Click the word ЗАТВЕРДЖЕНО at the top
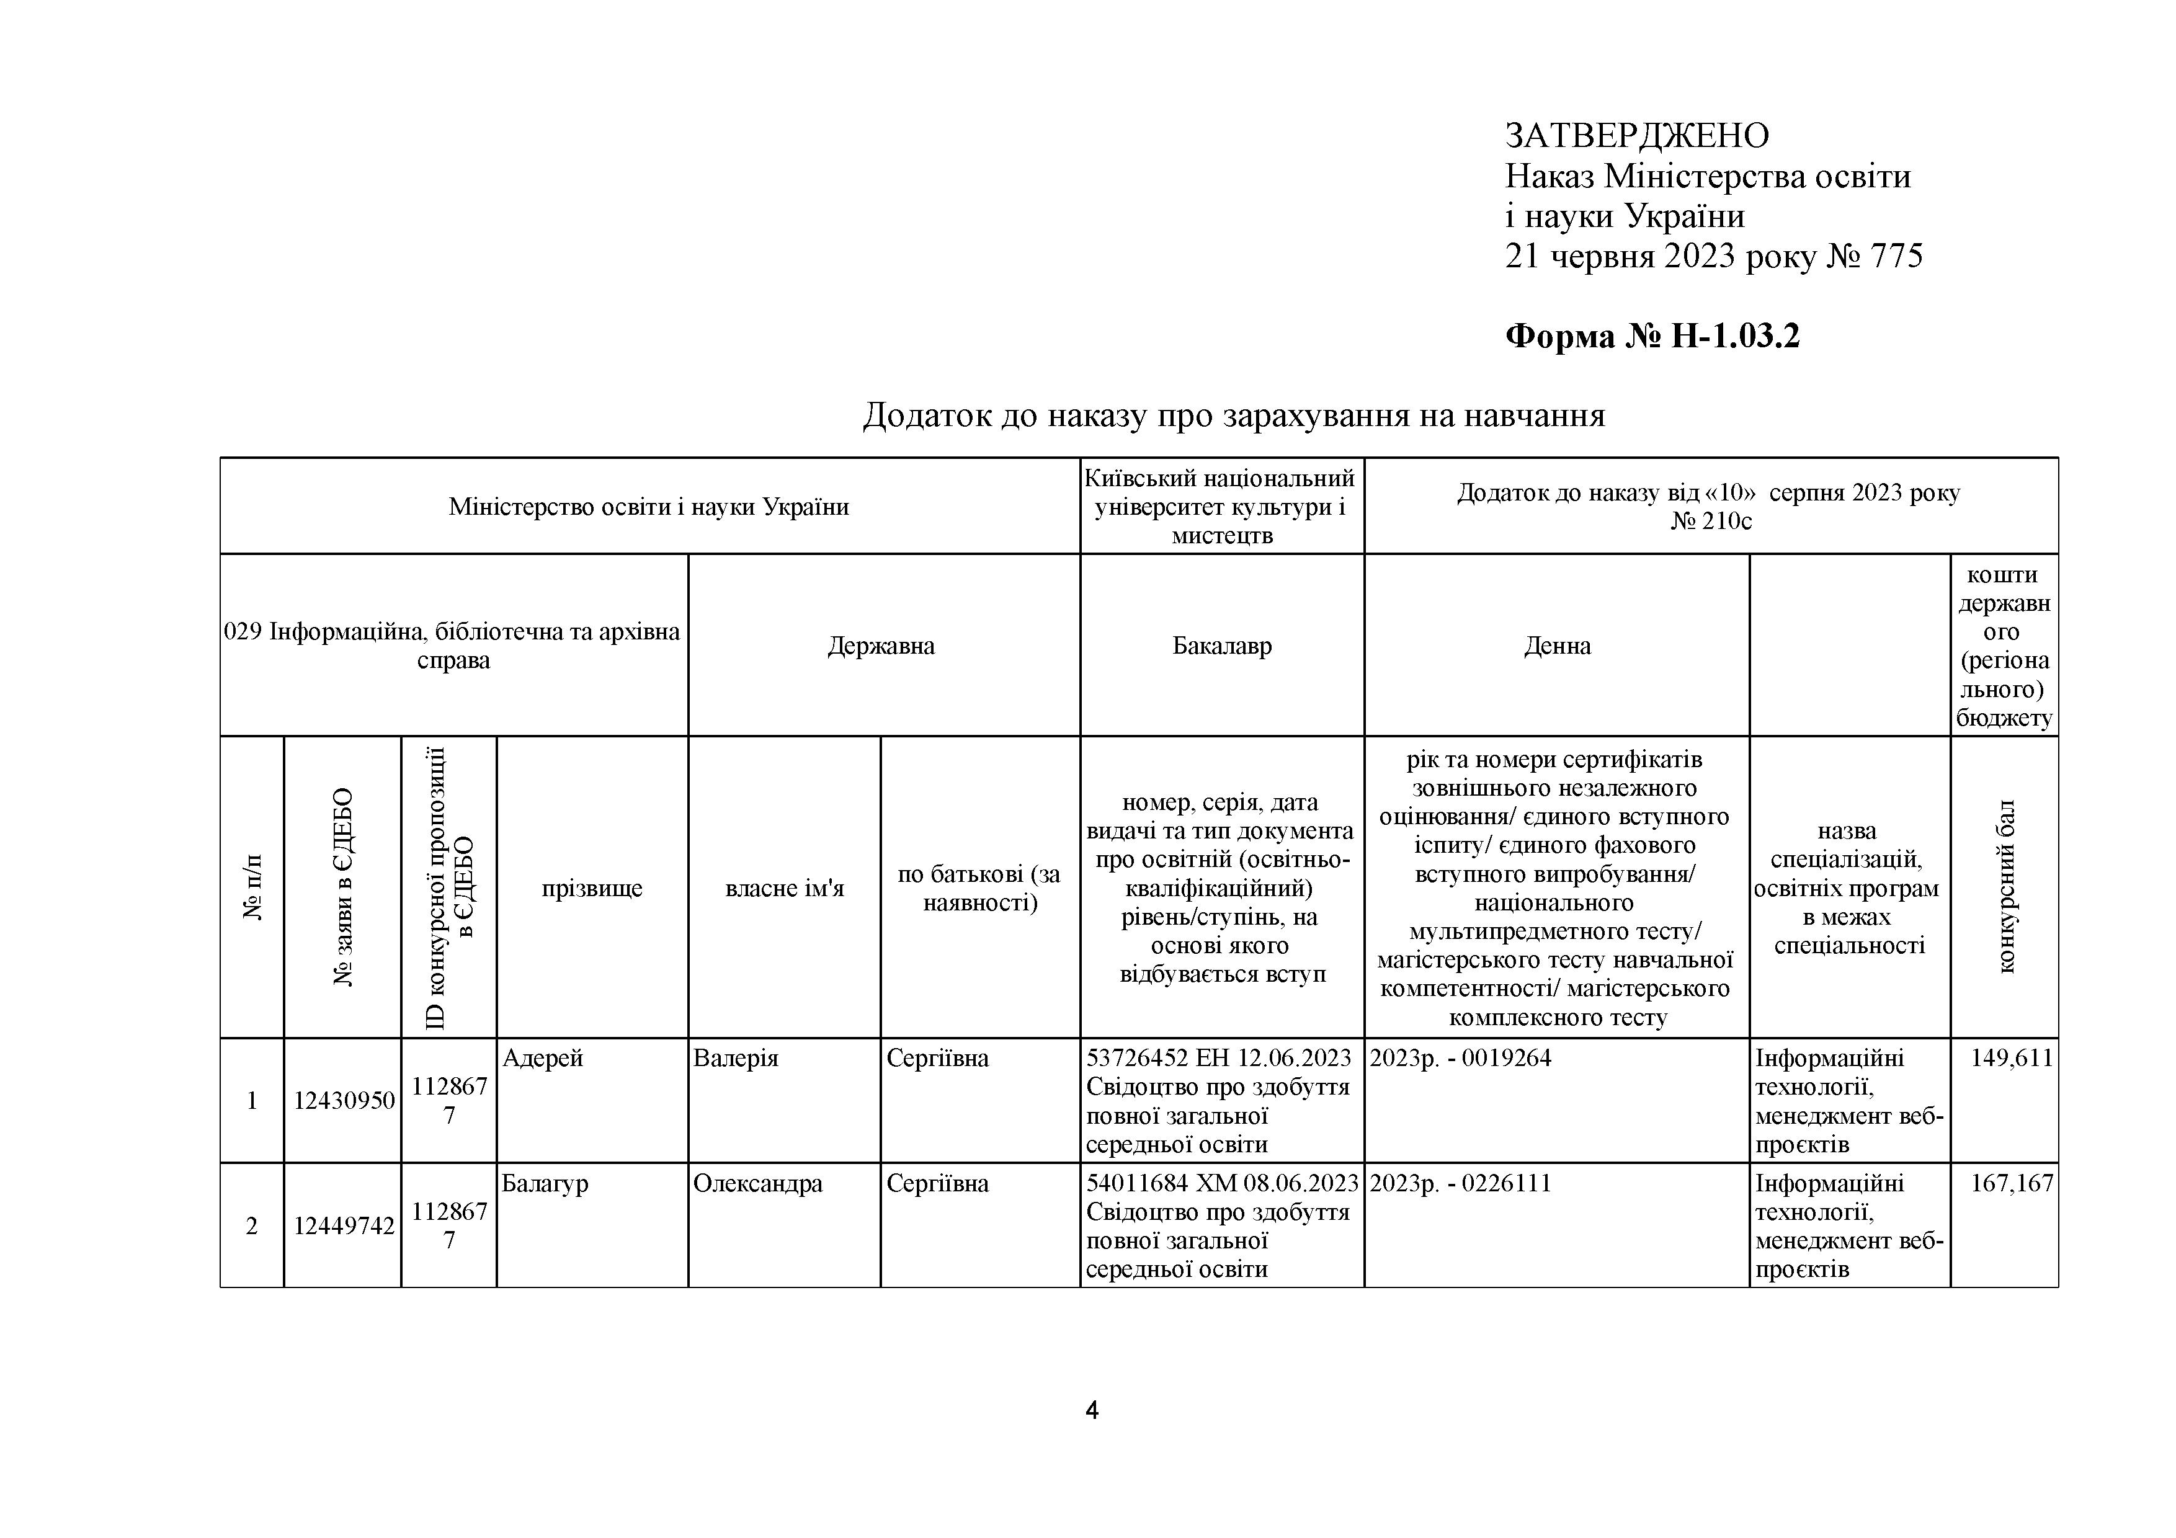tap(1637, 136)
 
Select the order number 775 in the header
tap(1896, 256)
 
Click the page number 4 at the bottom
tap(1092, 1411)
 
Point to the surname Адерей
tap(542, 1057)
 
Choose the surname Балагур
tap(545, 1184)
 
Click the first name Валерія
tap(736, 1057)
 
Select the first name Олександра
tap(758, 1184)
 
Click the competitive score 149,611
tap(2011, 1057)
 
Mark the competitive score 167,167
tap(2011, 1184)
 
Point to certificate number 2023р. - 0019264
tap(1460, 1057)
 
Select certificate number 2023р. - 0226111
tap(1460, 1184)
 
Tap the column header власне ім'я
tap(785, 889)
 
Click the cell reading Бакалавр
tap(1221, 646)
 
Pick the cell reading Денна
tap(1557, 646)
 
